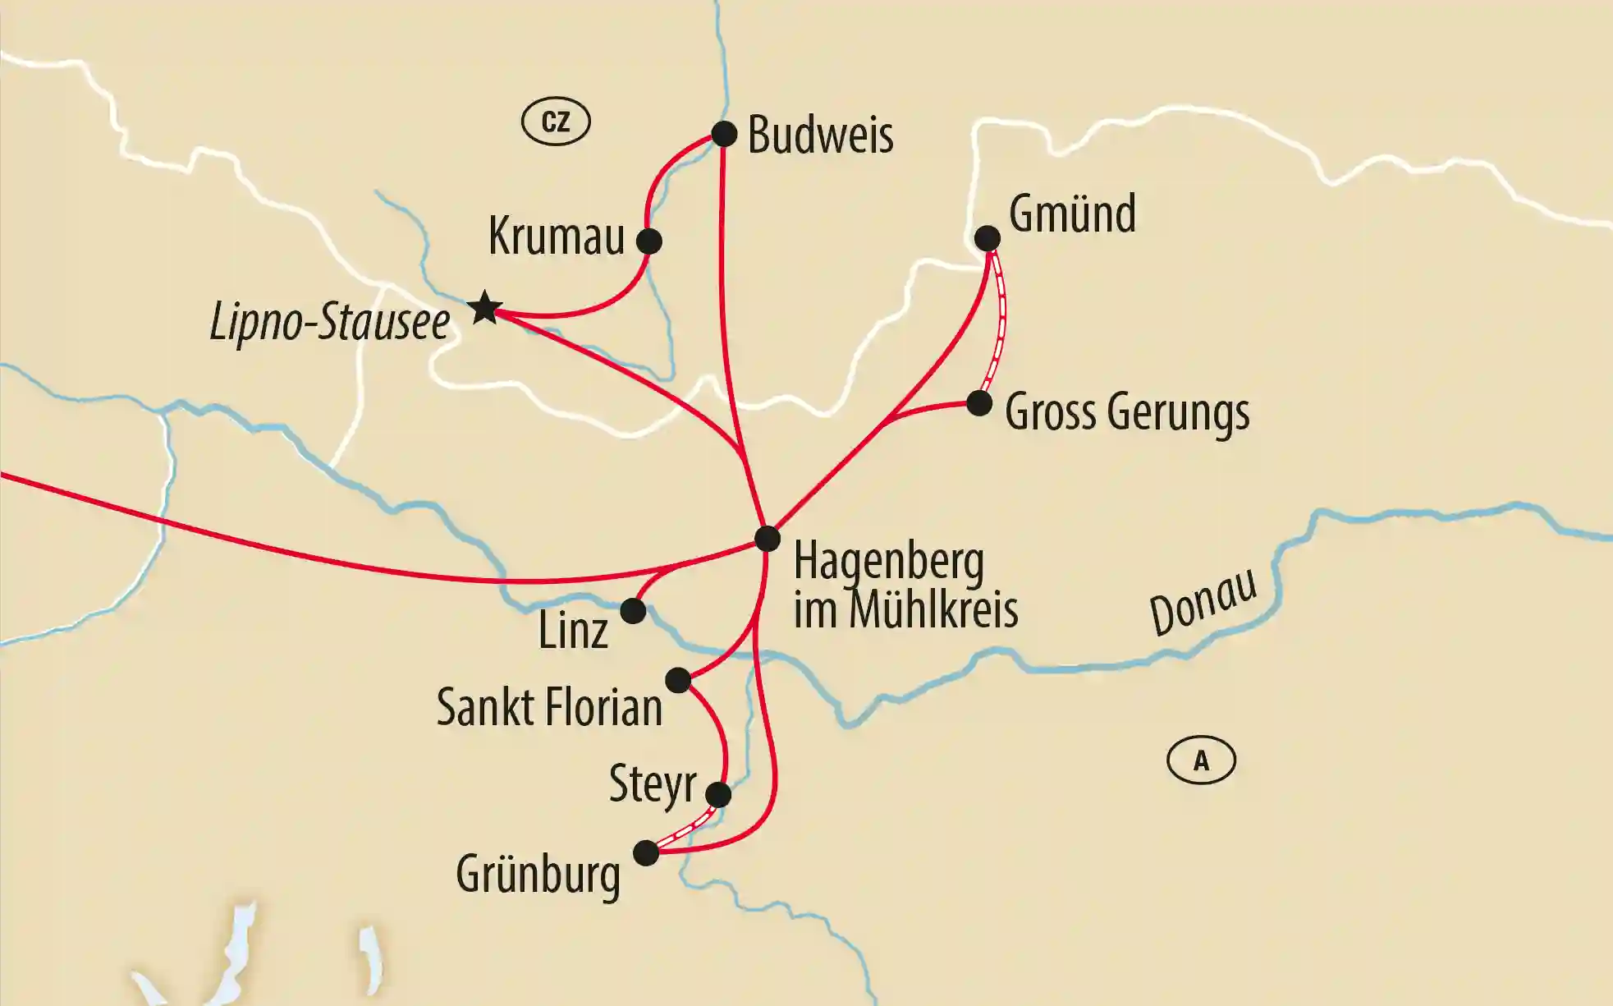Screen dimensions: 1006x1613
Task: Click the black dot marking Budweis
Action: point(724,133)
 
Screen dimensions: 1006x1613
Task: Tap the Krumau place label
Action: point(557,237)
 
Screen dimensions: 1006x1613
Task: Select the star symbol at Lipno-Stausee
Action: point(485,308)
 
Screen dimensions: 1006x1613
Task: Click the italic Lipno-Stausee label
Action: point(330,322)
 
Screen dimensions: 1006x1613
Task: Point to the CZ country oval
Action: point(556,122)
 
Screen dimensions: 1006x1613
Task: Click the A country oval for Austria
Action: point(1201,760)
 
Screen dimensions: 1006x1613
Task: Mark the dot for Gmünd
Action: point(988,238)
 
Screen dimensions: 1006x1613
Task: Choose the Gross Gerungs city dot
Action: point(978,403)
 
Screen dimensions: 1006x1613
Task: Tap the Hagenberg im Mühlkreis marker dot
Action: point(768,539)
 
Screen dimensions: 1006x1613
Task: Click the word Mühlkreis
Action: point(933,610)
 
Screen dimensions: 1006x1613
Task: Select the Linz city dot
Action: point(633,611)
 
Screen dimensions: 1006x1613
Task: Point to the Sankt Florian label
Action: point(549,707)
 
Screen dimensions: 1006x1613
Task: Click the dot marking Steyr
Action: point(718,794)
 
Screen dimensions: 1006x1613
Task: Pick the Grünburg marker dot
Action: point(647,852)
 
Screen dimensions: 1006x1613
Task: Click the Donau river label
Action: point(1203,601)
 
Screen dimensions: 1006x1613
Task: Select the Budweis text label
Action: point(820,135)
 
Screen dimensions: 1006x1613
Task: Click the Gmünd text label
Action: point(1072,214)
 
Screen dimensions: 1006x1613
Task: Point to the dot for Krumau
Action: point(648,241)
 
